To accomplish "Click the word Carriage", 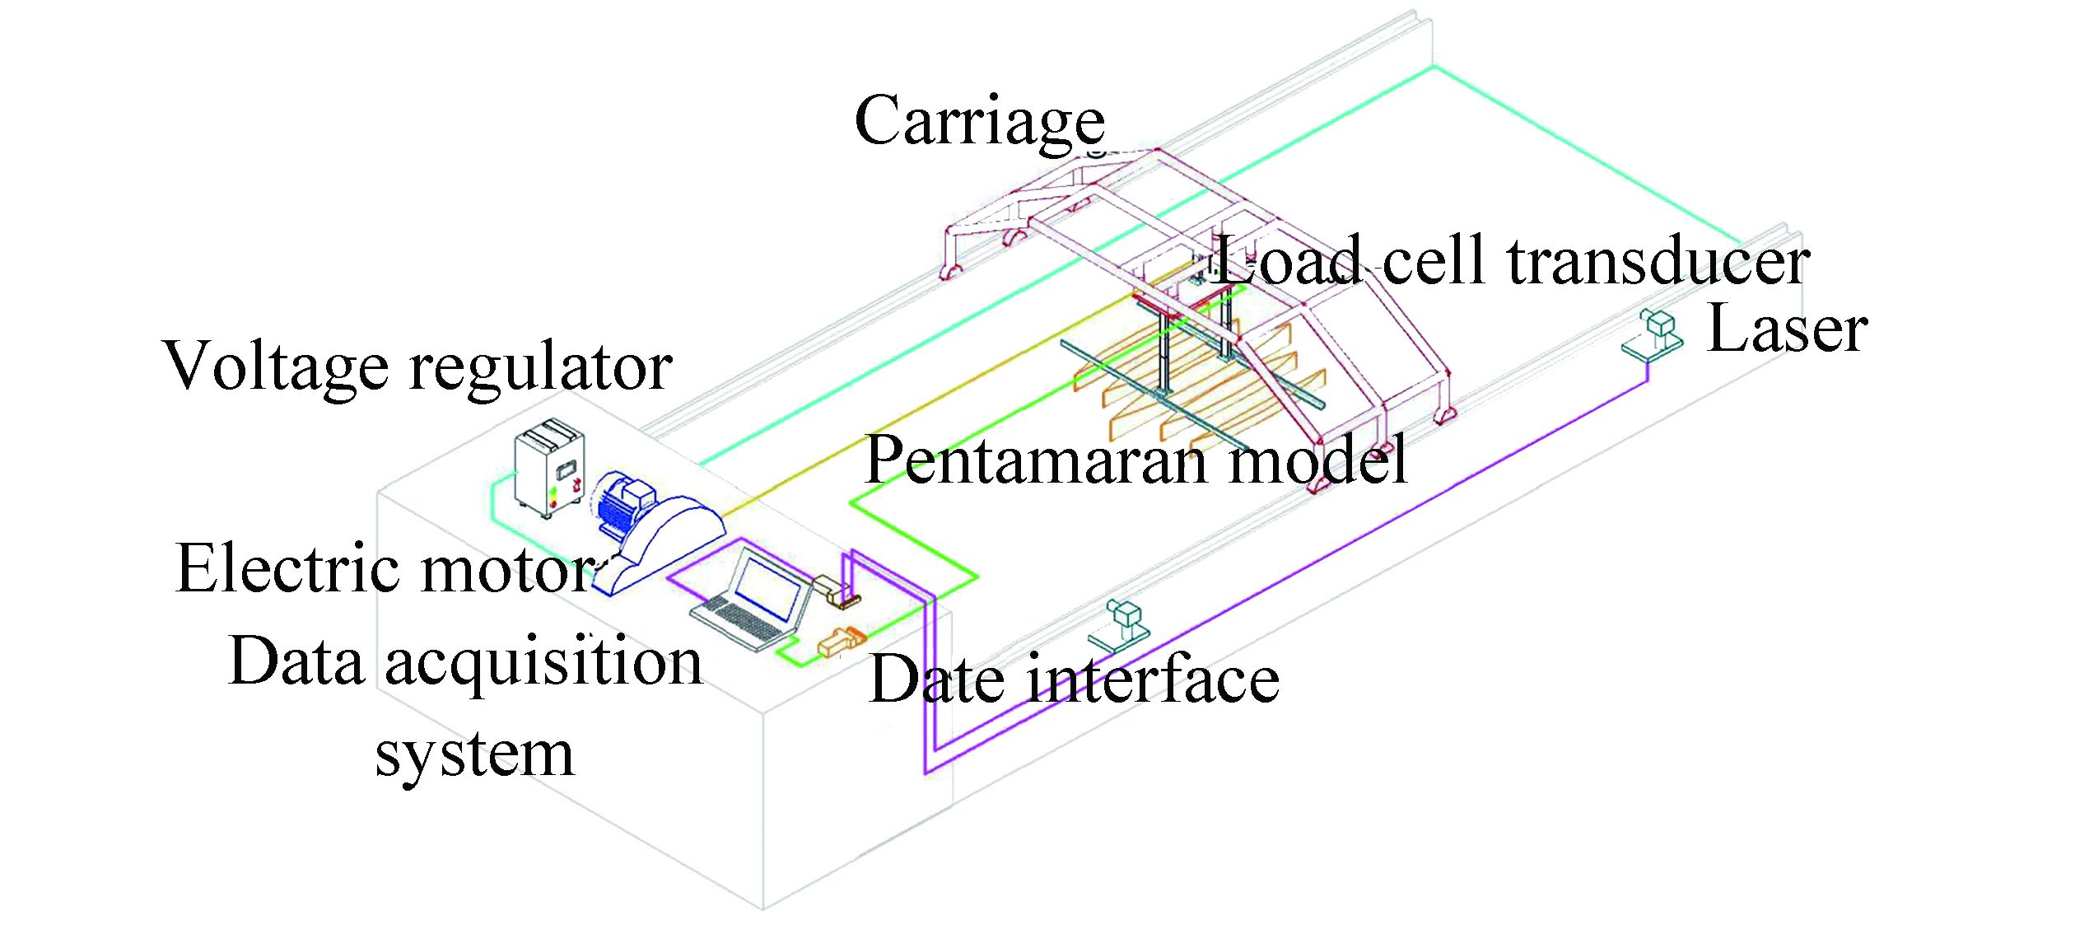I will pyautogui.click(x=980, y=121).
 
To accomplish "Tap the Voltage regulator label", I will pyautogui.click(x=418, y=367).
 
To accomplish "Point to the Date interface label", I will pyautogui.click(x=1074, y=679).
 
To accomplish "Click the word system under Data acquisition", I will pyautogui.click(x=474, y=754).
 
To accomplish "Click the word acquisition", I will pyautogui.click(x=543, y=663).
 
